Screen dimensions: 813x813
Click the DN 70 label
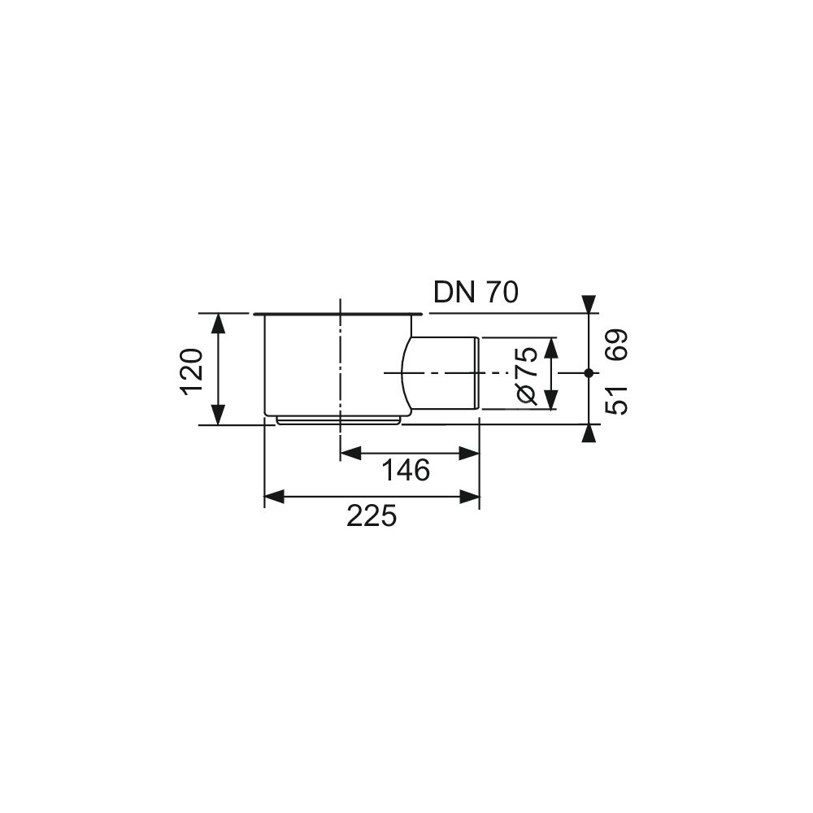[476, 293]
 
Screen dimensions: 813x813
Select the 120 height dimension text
[193, 372]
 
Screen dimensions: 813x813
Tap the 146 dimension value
[406, 470]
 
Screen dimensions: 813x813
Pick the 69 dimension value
[617, 344]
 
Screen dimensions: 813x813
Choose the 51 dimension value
[617, 400]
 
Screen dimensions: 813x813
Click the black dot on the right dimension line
[589, 373]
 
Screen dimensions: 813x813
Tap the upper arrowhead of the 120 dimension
[219, 323]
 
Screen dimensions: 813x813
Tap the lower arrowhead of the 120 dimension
[219, 415]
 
